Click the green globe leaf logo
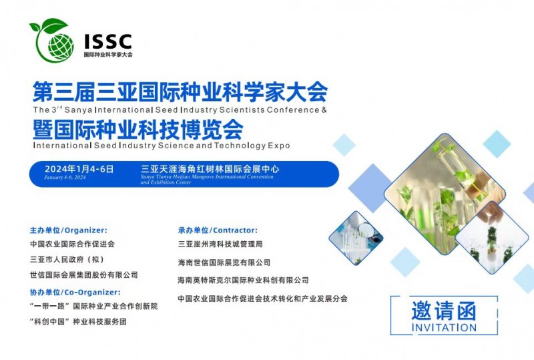point(51,39)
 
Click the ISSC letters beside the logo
point(107,41)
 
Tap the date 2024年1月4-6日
point(79,170)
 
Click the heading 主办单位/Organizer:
point(68,230)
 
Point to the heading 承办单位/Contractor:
point(218,230)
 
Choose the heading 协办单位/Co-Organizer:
point(75,292)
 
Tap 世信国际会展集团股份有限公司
point(84,275)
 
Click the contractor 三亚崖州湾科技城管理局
point(220,244)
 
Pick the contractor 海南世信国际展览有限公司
point(224,262)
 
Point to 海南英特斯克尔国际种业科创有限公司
point(244,281)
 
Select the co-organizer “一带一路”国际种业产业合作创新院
point(94,307)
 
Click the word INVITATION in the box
point(445,328)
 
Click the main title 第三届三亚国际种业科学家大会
point(180,89)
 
